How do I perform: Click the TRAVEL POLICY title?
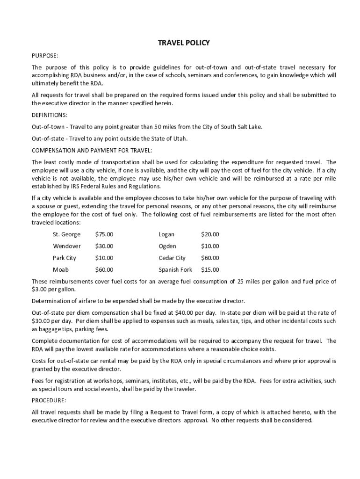(184, 43)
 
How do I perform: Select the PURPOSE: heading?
(45, 56)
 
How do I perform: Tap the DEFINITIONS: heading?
(50, 115)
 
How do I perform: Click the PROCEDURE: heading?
(49, 400)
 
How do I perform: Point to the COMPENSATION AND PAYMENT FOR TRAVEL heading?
(92, 150)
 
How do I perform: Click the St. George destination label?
(66, 234)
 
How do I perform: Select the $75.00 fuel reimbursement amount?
(104, 234)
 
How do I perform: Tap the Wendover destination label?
(66, 246)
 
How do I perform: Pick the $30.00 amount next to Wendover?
(104, 246)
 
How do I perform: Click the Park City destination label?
(65, 258)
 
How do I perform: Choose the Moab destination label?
(61, 269)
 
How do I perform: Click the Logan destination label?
(166, 234)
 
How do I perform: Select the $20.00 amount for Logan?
(210, 234)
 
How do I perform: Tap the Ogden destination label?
(167, 246)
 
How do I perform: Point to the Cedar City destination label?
(172, 258)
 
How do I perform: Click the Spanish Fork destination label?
(175, 269)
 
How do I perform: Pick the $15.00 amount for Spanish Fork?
(210, 269)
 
